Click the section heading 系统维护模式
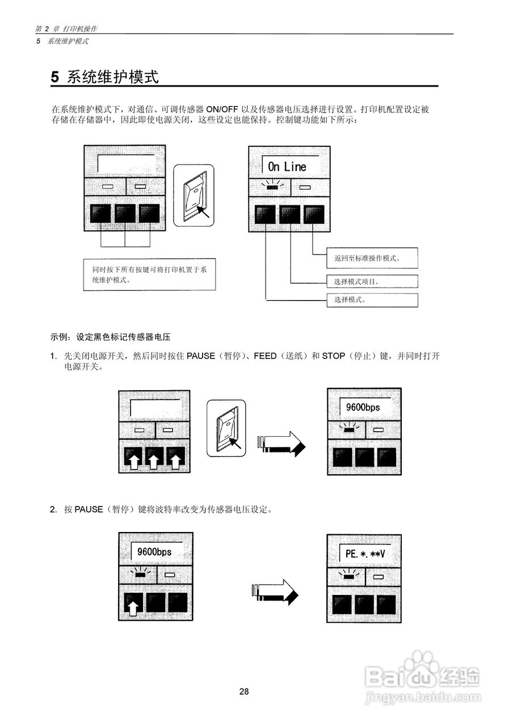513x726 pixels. [105, 77]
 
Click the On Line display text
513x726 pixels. [287, 166]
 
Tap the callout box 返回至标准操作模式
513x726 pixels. [372, 258]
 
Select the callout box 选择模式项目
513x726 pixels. [372, 281]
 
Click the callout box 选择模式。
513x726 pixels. [372, 300]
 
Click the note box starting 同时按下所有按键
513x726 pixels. [149, 275]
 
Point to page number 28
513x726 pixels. [244, 691]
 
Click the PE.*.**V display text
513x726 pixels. [364, 554]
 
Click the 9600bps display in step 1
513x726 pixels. [363, 407]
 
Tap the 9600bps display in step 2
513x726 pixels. [154, 551]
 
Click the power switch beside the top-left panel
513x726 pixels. [194, 196]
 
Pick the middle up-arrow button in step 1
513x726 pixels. [154, 459]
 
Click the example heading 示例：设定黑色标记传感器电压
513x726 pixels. [111, 337]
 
